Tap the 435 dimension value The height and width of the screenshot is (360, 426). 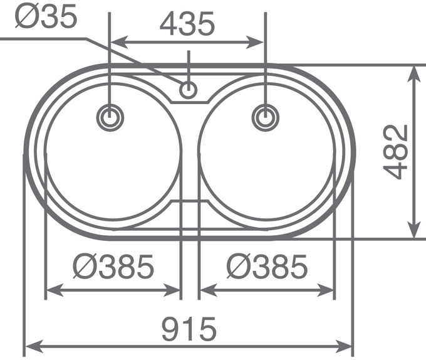click(x=187, y=24)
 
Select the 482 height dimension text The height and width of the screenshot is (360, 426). click(x=396, y=152)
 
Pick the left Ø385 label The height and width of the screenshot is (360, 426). click(x=113, y=268)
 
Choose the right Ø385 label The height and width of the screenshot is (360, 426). click(x=267, y=268)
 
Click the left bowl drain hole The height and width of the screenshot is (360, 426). click(x=111, y=117)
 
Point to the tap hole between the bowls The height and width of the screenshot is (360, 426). click(x=187, y=90)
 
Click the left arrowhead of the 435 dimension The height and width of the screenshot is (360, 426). click(x=117, y=43)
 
